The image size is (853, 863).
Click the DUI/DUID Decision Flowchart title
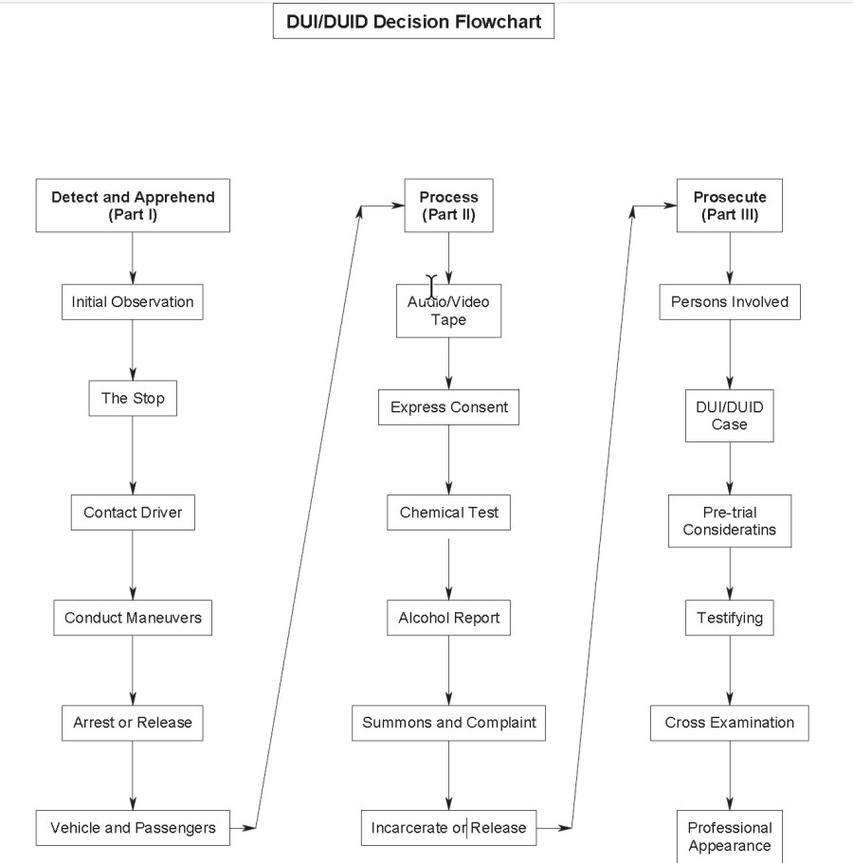413,22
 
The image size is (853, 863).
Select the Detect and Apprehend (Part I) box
133,206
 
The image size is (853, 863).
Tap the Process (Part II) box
448,206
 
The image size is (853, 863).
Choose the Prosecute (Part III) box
729,206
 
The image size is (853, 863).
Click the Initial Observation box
133,302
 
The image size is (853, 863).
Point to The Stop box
133,398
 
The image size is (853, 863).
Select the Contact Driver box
133,512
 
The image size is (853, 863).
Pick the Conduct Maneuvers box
133,618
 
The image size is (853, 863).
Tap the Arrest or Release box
133,722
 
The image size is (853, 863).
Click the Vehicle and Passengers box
133,827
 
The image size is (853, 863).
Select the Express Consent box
448,407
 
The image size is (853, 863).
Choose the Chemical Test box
448,512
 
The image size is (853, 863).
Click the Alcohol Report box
448,618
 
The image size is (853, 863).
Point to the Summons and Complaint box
448,722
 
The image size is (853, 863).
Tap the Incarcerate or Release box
448,827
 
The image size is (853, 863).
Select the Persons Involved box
729,302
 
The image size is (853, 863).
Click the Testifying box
729,618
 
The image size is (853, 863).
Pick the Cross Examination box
729,722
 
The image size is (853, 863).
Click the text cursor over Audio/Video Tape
432,286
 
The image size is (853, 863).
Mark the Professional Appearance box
729,836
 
